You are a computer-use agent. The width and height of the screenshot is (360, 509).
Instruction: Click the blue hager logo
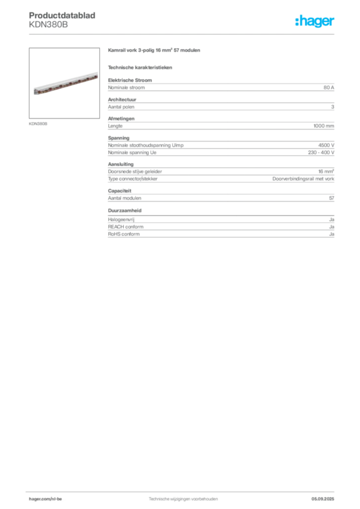tap(315, 22)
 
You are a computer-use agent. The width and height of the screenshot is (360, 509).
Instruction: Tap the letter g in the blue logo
tap(318, 23)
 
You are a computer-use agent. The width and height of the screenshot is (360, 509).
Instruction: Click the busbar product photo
tap(65, 83)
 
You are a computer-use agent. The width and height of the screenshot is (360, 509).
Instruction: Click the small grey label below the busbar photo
tap(38, 123)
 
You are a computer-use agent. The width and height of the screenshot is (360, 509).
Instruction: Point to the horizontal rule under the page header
tap(183, 33)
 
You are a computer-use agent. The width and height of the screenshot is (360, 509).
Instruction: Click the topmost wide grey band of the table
tap(221, 87)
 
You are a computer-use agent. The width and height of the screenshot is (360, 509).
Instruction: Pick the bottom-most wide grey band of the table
tap(221, 228)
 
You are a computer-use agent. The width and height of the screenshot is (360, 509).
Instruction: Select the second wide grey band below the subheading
tap(221, 105)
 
